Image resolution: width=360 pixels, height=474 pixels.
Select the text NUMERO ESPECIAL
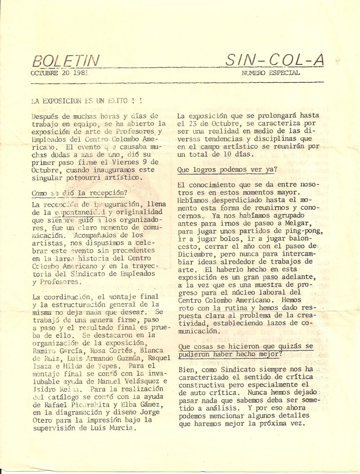pyautogui.click(x=271, y=73)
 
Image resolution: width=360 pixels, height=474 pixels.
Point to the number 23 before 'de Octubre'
pyautogui.click(x=188, y=123)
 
